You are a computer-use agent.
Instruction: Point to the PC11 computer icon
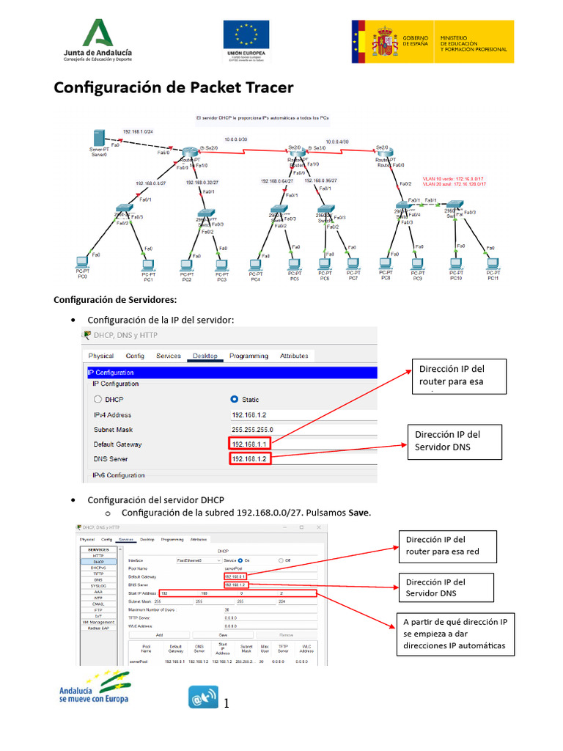point(493,263)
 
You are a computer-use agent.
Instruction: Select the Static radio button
point(235,400)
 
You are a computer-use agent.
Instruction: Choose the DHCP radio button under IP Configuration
point(97,400)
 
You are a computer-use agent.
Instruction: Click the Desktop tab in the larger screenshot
point(205,356)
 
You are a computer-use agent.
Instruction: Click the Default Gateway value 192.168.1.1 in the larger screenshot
point(250,444)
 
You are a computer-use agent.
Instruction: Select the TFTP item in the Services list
point(98,574)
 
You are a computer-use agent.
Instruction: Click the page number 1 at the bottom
point(227,704)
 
